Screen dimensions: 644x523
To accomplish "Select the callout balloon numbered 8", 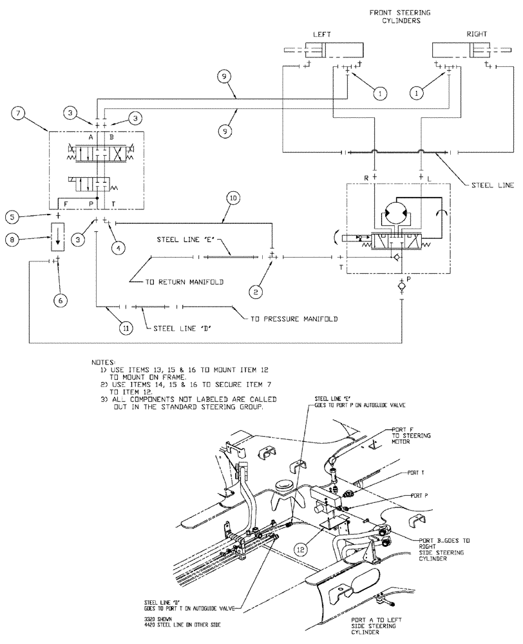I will (x=13, y=239).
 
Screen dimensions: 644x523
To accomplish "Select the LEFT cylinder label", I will (x=320, y=33).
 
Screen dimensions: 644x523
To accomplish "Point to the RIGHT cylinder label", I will (x=478, y=33).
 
